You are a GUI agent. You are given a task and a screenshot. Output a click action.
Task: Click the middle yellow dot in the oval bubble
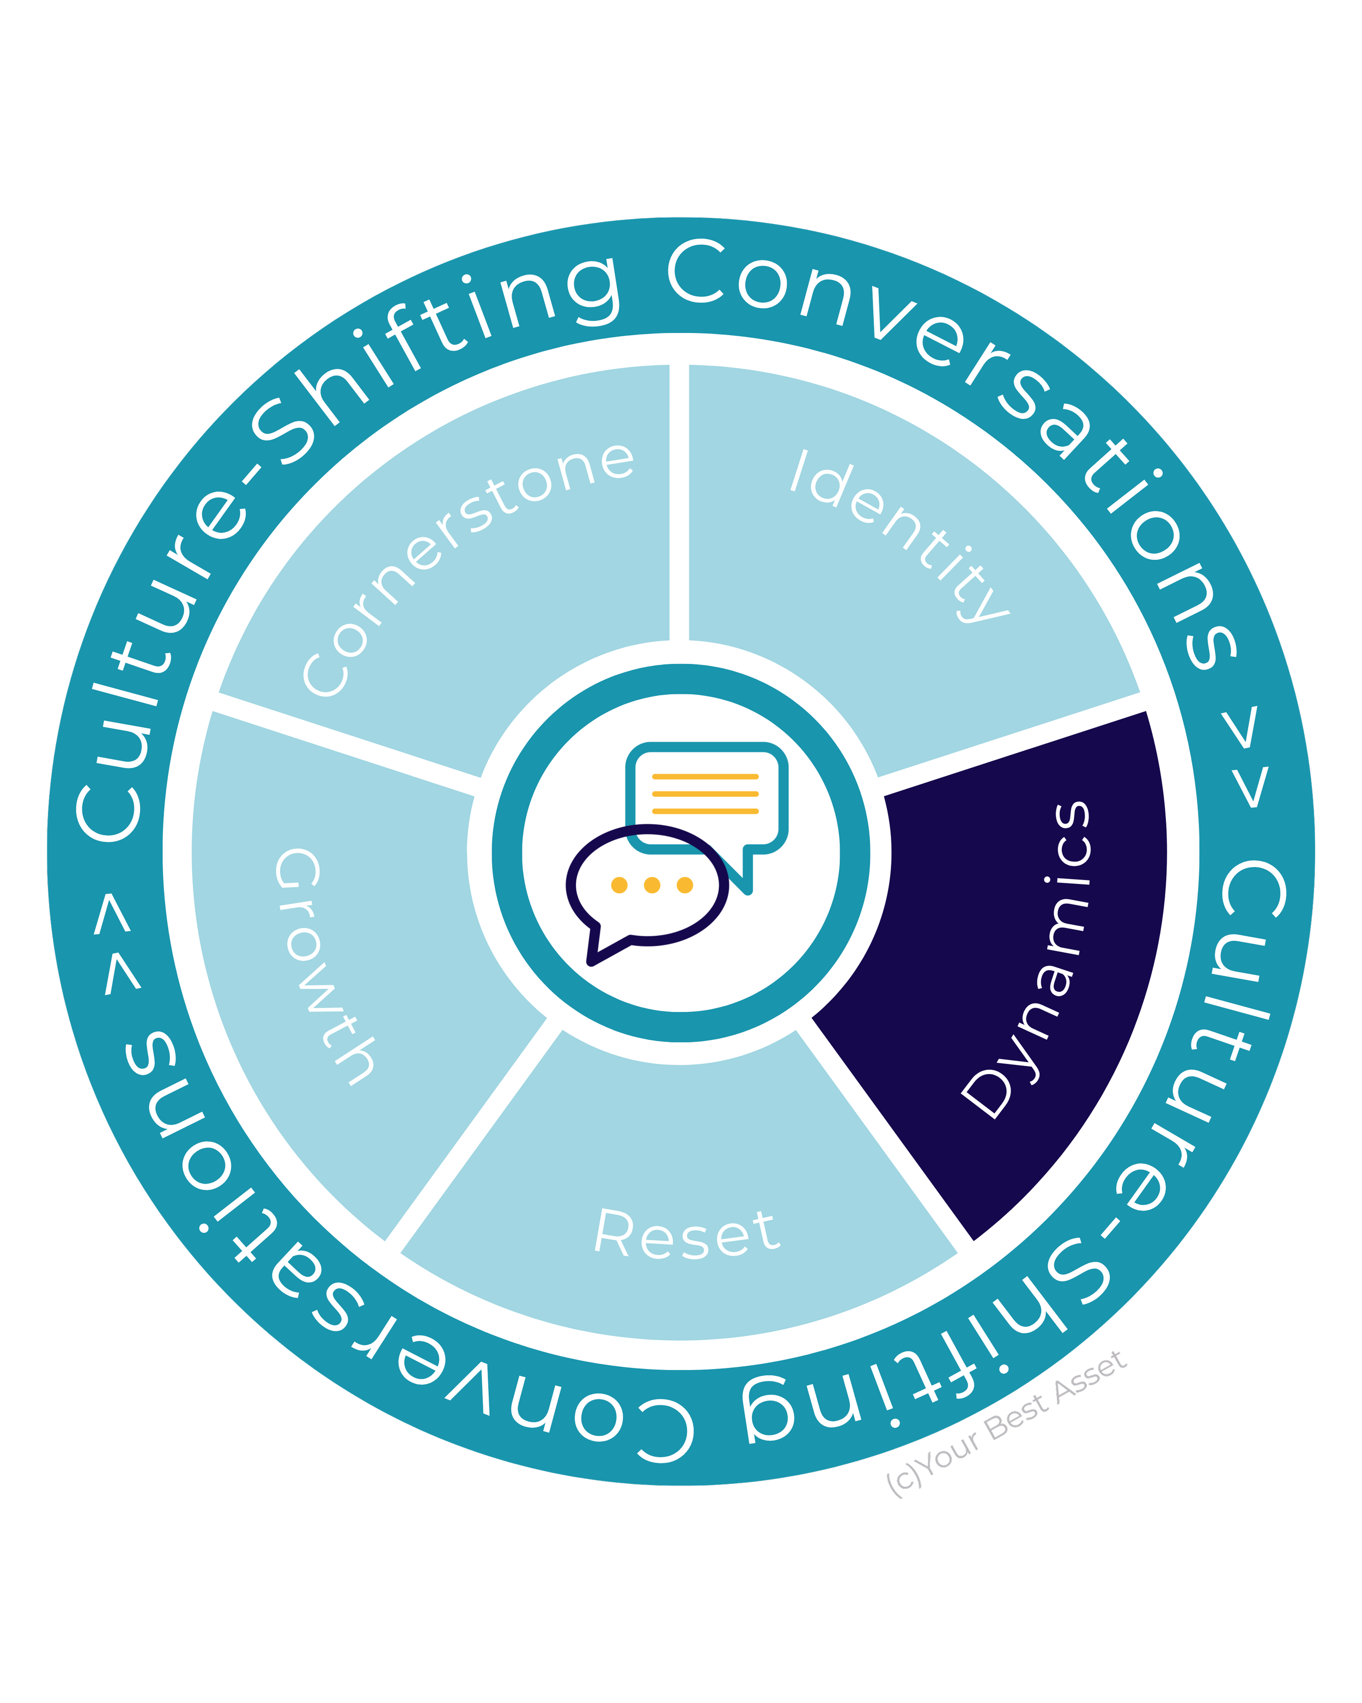click(652, 884)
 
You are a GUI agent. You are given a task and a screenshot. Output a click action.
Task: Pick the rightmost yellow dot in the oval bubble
click(685, 884)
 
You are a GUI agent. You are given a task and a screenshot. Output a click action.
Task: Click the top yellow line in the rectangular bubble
click(705, 777)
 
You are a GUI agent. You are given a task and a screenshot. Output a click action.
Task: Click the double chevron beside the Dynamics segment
click(1244, 757)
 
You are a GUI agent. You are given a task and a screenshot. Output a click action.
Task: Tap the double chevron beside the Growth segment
click(118, 943)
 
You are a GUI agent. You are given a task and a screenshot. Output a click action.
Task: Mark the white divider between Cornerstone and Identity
click(679, 502)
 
